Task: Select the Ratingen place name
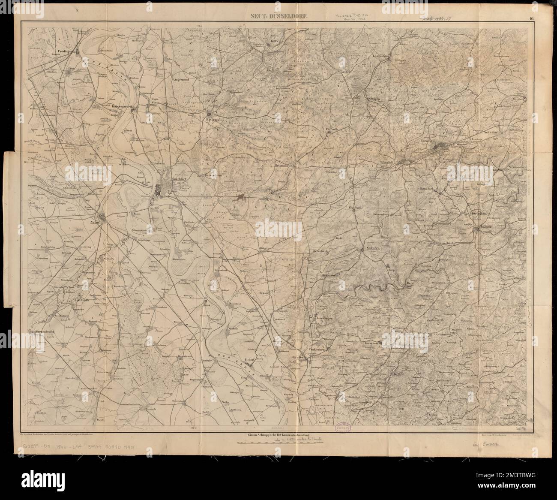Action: click(x=213, y=120)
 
